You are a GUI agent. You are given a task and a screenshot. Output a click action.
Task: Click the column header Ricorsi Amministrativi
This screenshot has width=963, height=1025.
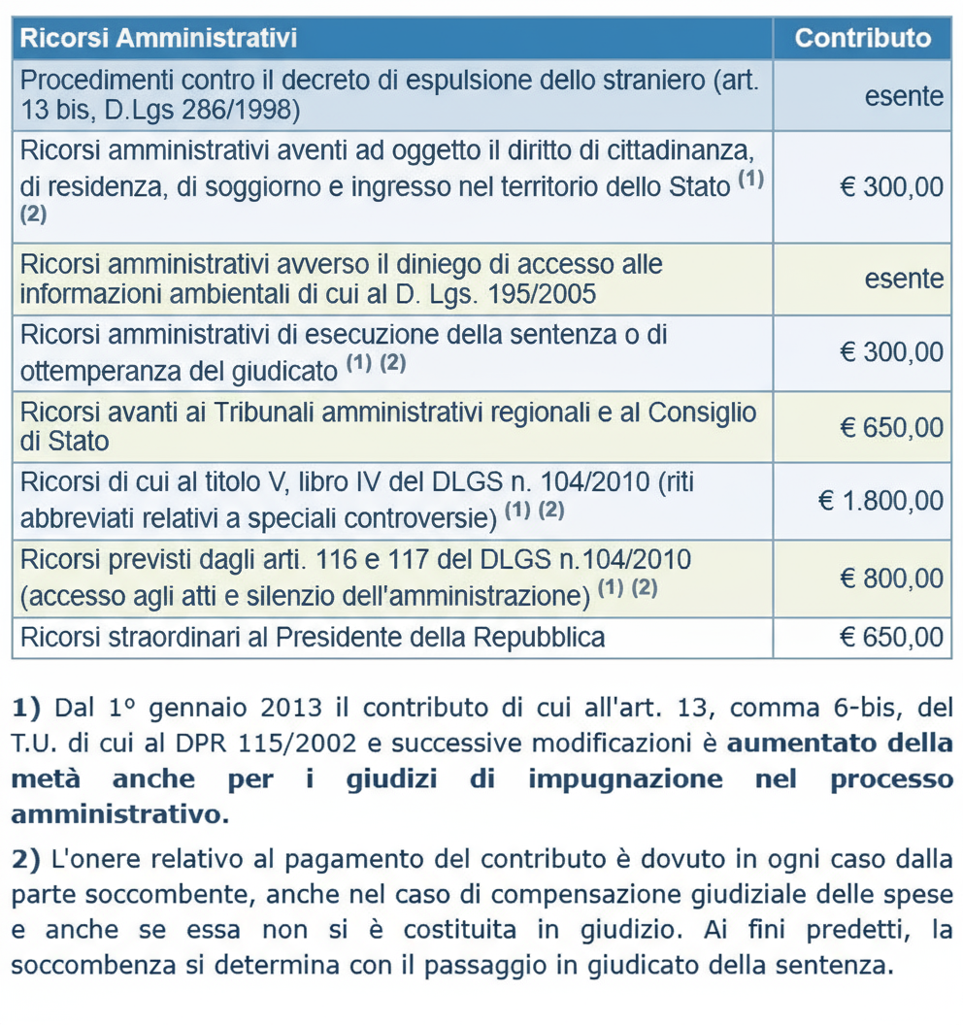pyautogui.click(x=158, y=39)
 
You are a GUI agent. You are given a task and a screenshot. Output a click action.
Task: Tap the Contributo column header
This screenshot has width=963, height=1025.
pyautogui.click(x=862, y=39)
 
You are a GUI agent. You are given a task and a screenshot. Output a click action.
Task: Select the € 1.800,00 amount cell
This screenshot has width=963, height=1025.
pyautogui.click(x=880, y=501)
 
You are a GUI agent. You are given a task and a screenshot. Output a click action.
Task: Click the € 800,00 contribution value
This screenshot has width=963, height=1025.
pyautogui.click(x=890, y=579)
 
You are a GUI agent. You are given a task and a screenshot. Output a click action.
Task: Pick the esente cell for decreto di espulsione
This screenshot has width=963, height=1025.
pyautogui.click(x=904, y=96)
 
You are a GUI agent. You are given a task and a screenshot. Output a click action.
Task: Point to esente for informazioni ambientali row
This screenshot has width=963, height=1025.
pyautogui.click(x=904, y=280)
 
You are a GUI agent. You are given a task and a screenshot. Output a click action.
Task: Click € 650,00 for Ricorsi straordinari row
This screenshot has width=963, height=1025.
pyautogui.click(x=890, y=638)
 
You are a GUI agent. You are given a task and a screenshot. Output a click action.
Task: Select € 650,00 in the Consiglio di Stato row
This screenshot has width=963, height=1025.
pyautogui.click(x=890, y=426)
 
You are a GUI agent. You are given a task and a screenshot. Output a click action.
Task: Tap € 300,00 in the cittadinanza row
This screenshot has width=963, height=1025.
pyautogui.click(x=890, y=186)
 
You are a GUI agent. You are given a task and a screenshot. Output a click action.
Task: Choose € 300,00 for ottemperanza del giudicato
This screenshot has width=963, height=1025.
pyautogui.click(x=890, y=352)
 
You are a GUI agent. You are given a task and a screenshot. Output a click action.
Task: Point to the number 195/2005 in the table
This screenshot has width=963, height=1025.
pyautogui.click(x=547, y=294)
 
